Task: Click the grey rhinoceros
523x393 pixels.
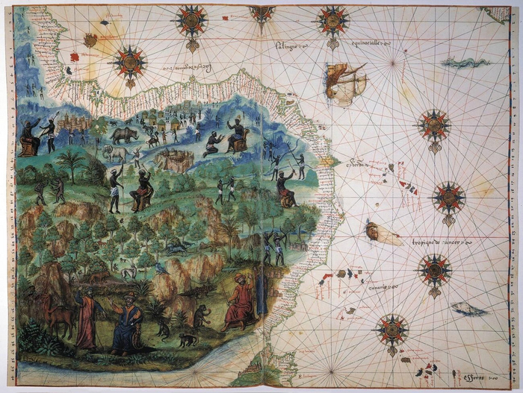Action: click(x=125, y=135)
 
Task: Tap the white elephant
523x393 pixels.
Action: click(x=116, y=153)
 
